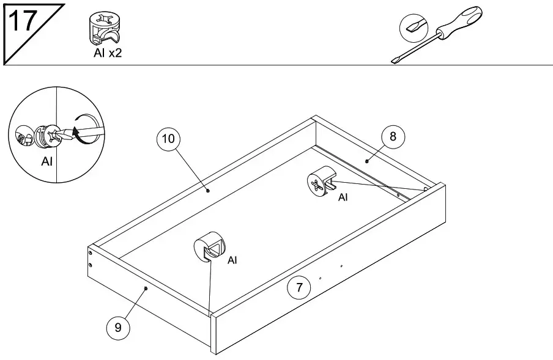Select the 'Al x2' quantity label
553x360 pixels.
[108, 53]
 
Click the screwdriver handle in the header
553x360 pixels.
[461, 24]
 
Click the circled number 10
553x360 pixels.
[168, 139]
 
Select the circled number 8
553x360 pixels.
[393, 137]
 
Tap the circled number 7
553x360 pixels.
[299, 288]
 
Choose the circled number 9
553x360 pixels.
[118, 328]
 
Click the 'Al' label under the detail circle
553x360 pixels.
[47, 162]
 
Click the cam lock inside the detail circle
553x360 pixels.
[46, 136]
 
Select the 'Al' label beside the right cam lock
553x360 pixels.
[343, 197]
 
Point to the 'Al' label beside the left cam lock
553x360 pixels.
[232, 260]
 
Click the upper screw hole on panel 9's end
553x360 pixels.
[91, 252]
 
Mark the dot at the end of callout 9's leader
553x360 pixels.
[146, 287]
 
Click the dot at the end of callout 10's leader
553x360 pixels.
[209, 190]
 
